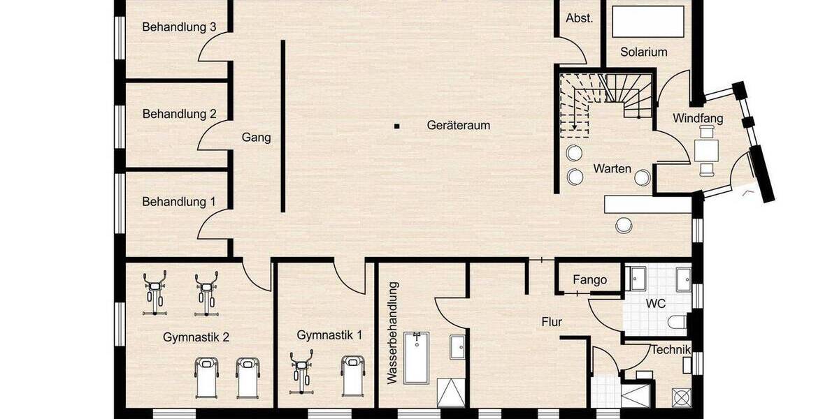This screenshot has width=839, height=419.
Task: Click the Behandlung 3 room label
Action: (x=178, y=28)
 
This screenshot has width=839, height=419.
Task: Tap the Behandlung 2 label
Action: (x=179, y=114)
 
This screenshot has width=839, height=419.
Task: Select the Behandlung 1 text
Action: (x=178, y=202)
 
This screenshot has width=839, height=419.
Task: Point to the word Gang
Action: (x=256, y=138)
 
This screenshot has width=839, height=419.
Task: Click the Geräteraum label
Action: (x=458, y=126)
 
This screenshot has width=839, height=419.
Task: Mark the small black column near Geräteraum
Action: (x=396, y=126)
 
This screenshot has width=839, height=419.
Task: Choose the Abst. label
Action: (x=580, y=19)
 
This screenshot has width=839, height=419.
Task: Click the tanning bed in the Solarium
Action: (x=648, y=22)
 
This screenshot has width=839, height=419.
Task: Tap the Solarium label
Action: (x=644, y=52)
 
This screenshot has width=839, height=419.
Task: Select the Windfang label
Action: (x=698, y=119)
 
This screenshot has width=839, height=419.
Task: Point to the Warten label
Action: (x=612, y=169)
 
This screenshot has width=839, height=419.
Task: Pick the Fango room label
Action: (x=589, y=280)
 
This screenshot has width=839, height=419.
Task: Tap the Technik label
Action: (x=671, y=350)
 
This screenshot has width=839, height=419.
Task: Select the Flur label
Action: (x=552, y=322)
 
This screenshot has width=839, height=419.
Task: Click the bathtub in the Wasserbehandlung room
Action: (x=417, y=358)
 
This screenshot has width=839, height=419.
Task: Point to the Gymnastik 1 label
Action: (x=329, y=335)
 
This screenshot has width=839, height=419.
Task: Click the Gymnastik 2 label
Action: (x=196, y=337)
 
